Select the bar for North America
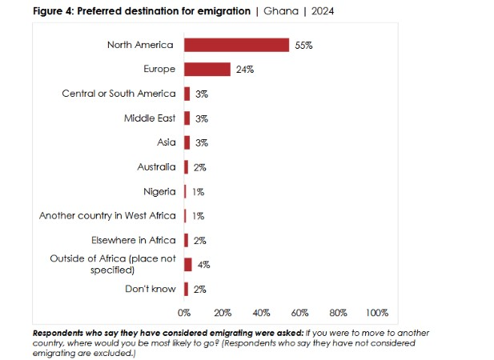[236, 45]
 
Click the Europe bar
[207, 70]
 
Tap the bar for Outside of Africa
[188, 265]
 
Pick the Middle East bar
[187, 118]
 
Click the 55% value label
[303, 46]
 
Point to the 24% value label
[245, 70]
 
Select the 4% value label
[203, 265]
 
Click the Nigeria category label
[159, 191]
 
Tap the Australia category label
[156, 167]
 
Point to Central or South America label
[118, 94]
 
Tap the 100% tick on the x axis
[376, 312]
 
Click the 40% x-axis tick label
[261, 312]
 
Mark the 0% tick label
[184, 312]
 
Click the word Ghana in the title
[280, 11]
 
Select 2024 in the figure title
[323, 11]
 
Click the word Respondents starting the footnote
[62, 332]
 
